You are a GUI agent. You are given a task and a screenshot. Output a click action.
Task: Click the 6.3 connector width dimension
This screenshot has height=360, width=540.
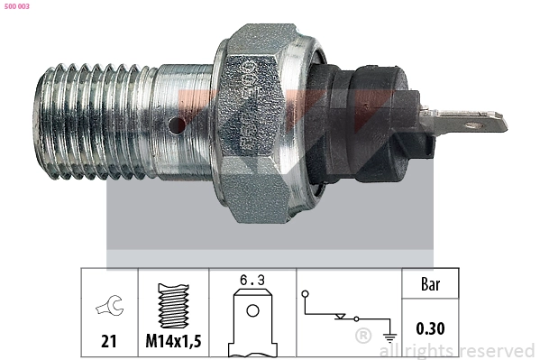click(253, 282)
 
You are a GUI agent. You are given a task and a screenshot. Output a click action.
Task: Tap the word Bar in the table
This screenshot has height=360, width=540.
click(430, 284)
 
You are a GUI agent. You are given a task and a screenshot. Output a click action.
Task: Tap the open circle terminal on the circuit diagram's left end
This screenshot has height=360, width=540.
click(307, 294)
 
